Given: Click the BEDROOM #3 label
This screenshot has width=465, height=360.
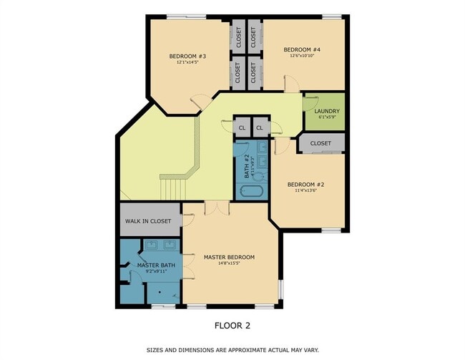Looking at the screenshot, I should (x=187, y=57).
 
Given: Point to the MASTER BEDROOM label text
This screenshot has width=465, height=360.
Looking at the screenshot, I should (x=229, y=257).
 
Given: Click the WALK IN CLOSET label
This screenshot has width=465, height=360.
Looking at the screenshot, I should (x=149, y=221).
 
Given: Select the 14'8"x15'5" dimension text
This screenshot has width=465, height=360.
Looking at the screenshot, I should (x=229, y=264).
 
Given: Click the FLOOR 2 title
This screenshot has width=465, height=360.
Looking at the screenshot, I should (x=232, y=325).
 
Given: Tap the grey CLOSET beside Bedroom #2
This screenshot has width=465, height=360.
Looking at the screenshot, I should (x=321, y=143).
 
